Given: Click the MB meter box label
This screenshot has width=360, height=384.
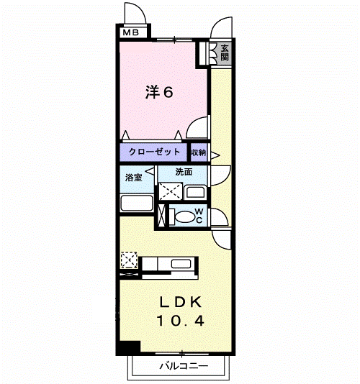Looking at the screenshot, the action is point(131,32).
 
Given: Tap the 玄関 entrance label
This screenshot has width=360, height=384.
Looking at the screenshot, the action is point(225,52).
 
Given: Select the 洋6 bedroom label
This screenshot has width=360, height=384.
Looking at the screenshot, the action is point(159,92).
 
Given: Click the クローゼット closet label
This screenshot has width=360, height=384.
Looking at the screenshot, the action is point(154,152).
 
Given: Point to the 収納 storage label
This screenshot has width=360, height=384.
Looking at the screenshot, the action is point(199,152).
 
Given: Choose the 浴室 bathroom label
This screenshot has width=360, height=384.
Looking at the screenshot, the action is point(134,178).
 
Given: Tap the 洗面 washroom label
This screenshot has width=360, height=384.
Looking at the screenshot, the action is point(184,172).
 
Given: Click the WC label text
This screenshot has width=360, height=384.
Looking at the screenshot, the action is point(199,216).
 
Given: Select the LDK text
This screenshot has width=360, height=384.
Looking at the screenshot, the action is point(181,302).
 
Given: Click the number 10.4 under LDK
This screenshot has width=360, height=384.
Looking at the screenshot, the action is point(180,321).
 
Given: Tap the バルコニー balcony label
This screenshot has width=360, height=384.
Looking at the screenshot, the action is point(184,366).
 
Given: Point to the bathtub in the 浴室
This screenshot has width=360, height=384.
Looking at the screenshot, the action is point(137,203).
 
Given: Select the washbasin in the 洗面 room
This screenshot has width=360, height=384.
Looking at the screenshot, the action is point(195,193).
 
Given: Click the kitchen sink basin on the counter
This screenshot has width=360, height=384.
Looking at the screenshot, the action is point(181,264).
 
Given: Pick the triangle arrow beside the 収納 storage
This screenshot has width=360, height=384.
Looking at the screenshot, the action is point(215,155).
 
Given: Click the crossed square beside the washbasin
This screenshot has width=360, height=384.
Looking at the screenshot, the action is point(171,191).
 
